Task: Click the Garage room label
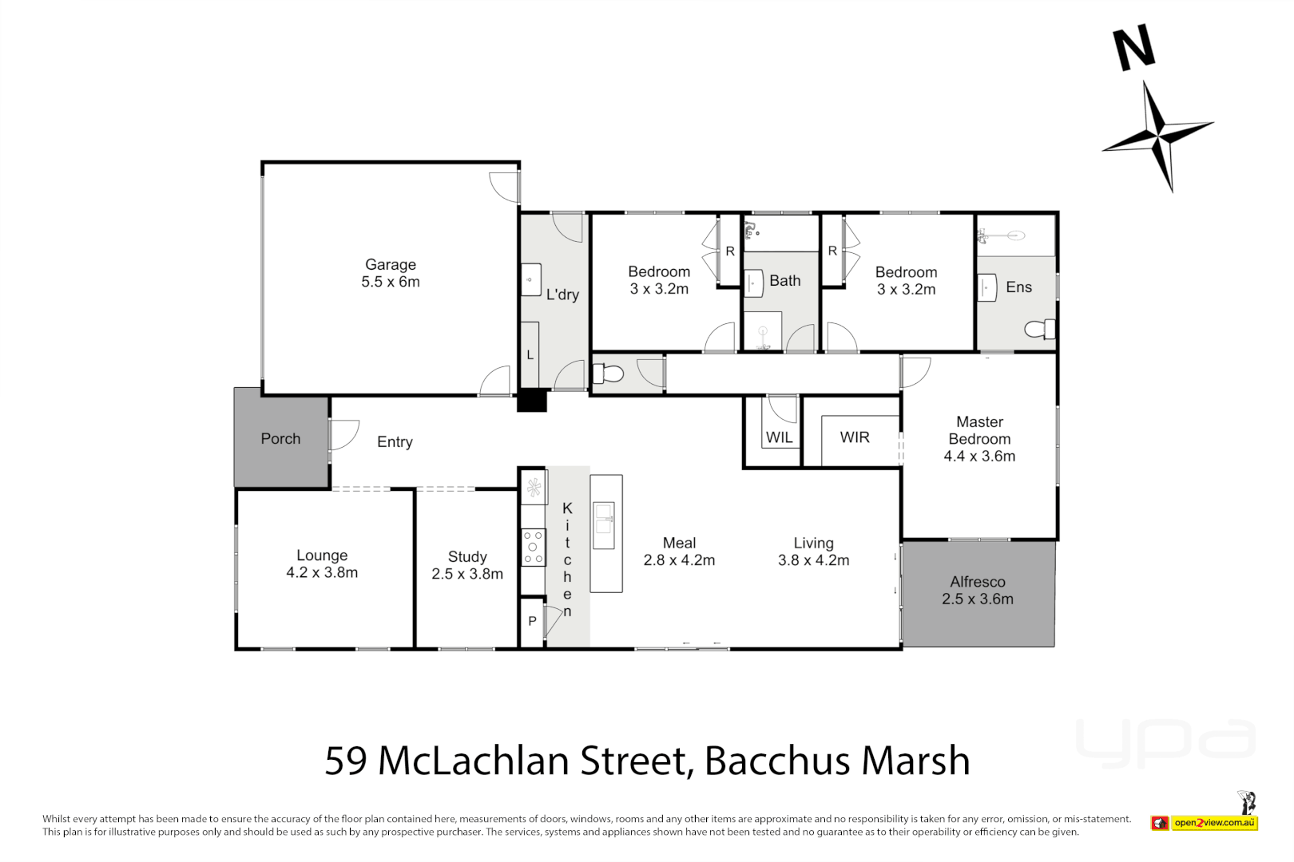pos(391,264)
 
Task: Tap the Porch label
pos(280,438)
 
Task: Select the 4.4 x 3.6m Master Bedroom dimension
pos(979,457)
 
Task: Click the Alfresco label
pos(978,582)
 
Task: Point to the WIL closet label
pos(779,437)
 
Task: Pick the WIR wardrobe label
pos(854,437)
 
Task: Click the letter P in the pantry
pos(532,621)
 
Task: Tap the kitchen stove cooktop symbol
pos(533,548)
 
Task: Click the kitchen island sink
pos(604,518)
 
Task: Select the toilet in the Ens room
pos(1039,329)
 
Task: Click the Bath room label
pos(784,281)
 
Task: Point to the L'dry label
pos(562,295)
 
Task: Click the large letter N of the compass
pos(1134,47)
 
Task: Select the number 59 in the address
pos(346,761)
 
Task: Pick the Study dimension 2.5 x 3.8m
pos(467,574)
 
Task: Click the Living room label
pos(813,543)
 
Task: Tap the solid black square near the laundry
pos(532,400)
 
